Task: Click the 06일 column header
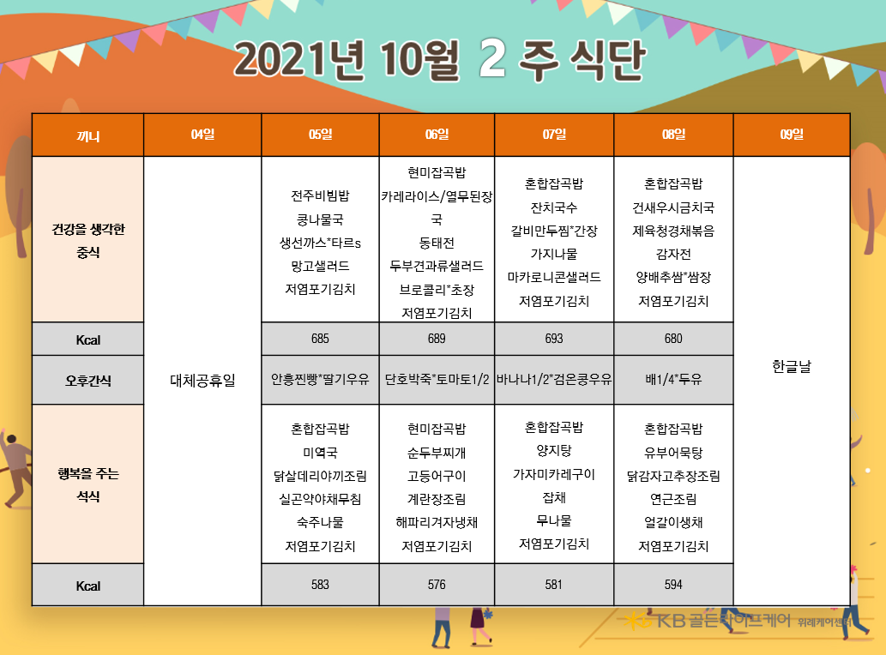(x=437, y=135)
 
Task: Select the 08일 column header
(x=673, y=135)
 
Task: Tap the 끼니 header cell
(x=88, y=136)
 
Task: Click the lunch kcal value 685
(x=320, y=339)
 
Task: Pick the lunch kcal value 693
(x=554, y=339)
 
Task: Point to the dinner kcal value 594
(x=673, y=585)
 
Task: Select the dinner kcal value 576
(x=437, y=585)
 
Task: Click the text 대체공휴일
(x=202, y=380)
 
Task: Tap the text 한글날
(x=791, y=366)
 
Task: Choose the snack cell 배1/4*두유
(x=673, y=379)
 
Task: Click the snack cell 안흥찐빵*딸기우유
(x=320, y=379)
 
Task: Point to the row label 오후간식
(x=88, y=381)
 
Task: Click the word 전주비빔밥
(x=320, y=196)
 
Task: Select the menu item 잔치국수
(x=554, y=207)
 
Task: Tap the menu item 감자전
(x=673, y=254)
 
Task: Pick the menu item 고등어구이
(x=437, y=476)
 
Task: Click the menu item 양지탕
(x=554, y=451)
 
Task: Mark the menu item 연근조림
(x=673, y=499)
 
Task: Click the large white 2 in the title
(x=491, y=58)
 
